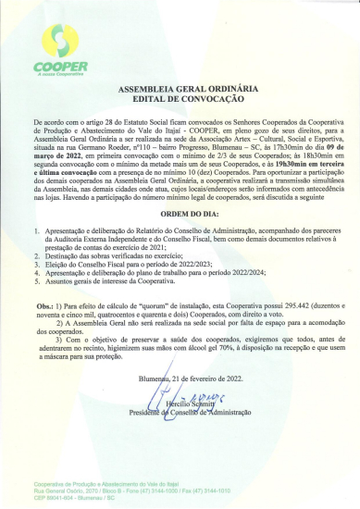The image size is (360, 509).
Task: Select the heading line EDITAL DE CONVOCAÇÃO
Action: tap(180, 101)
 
